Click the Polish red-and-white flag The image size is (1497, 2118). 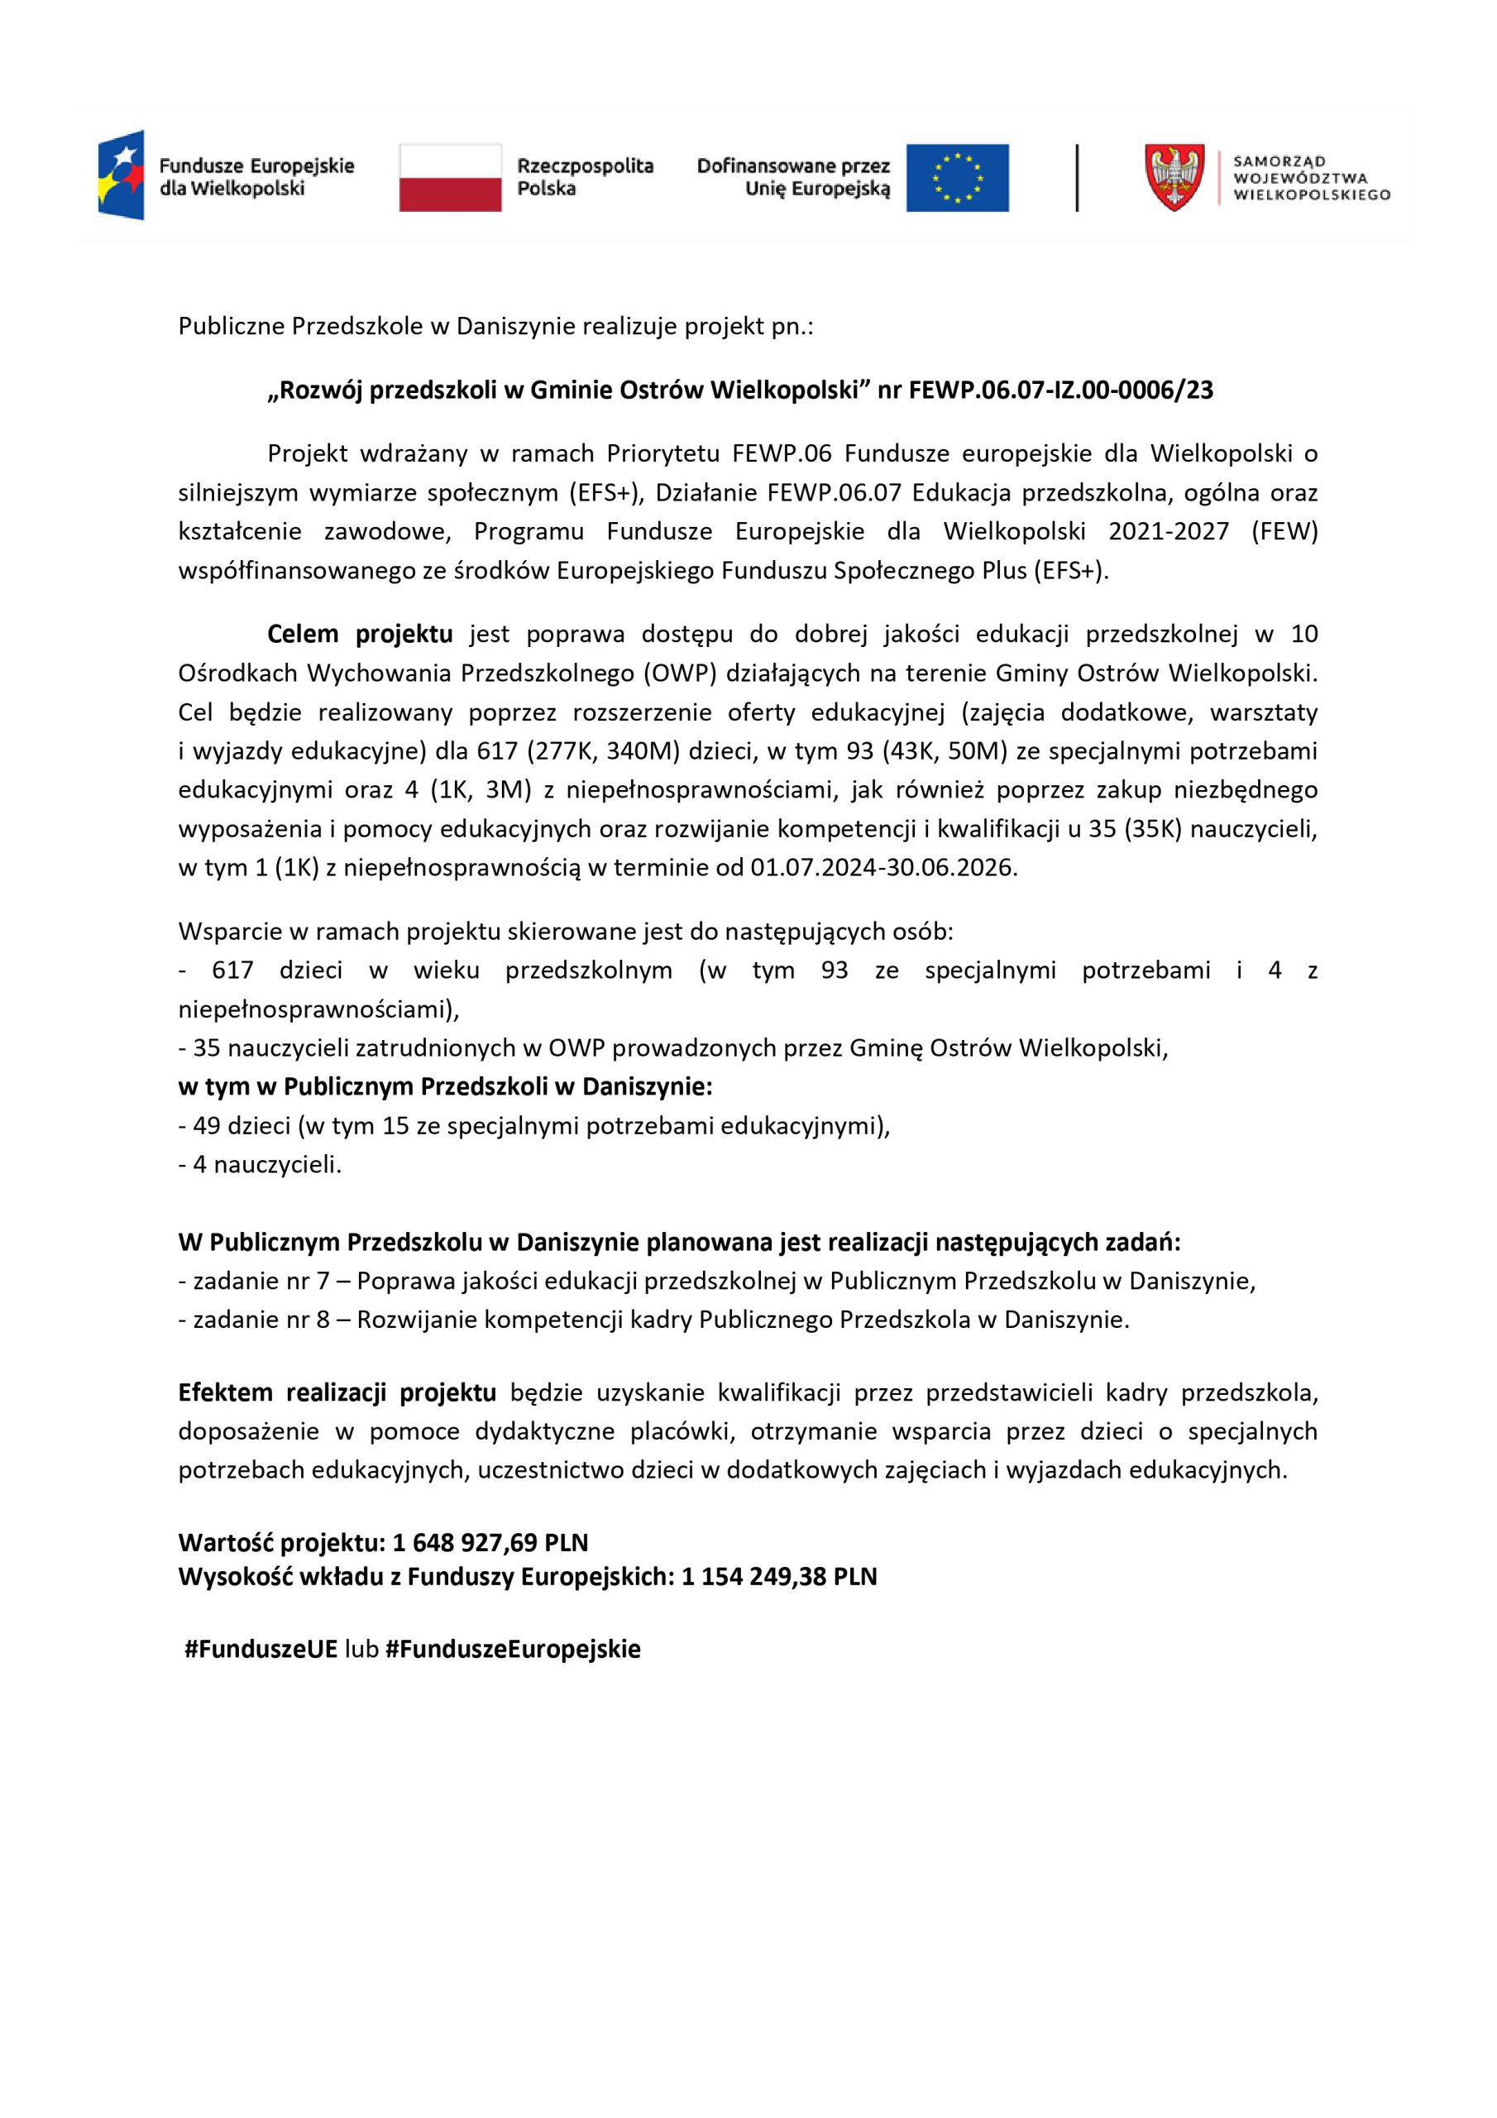(450, 177)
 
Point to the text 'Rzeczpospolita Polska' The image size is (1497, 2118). (585, 177)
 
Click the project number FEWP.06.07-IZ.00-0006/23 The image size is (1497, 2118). (1061, 391)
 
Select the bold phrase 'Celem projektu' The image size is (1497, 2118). (360, 634)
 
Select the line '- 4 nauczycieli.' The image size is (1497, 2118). (260, 1165)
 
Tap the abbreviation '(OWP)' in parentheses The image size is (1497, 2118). (682, 673)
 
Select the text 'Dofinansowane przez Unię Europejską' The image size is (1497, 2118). (793, 177)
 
